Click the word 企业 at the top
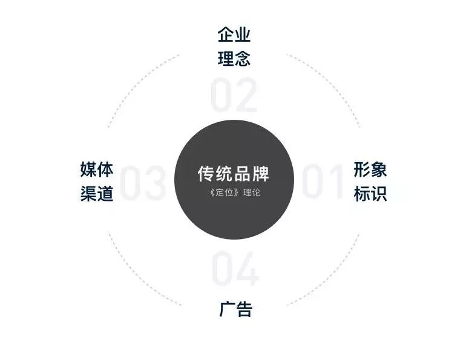[x=234, y=34]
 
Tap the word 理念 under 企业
[x=234, y=58]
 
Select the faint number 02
[x=234, y=95]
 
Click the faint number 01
[x=323, y=181]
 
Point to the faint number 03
[x=143, y=183]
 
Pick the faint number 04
[x=235, y=268]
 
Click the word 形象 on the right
[x=370, y=169]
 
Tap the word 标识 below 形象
[x=370, y=194]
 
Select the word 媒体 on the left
[x=97, y=169]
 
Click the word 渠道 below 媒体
[x=97, y=194]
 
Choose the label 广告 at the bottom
[x=235, y=309]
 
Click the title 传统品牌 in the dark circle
[x=234, y=174]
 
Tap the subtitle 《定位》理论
[x=235, y=192]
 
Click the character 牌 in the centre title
[x=261, y=174]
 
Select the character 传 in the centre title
[x=206, y=174]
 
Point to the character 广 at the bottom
[x=228, y=309]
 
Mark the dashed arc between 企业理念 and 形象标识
[x=330, y=81]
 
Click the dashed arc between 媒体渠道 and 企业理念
[x=138, y=81]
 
